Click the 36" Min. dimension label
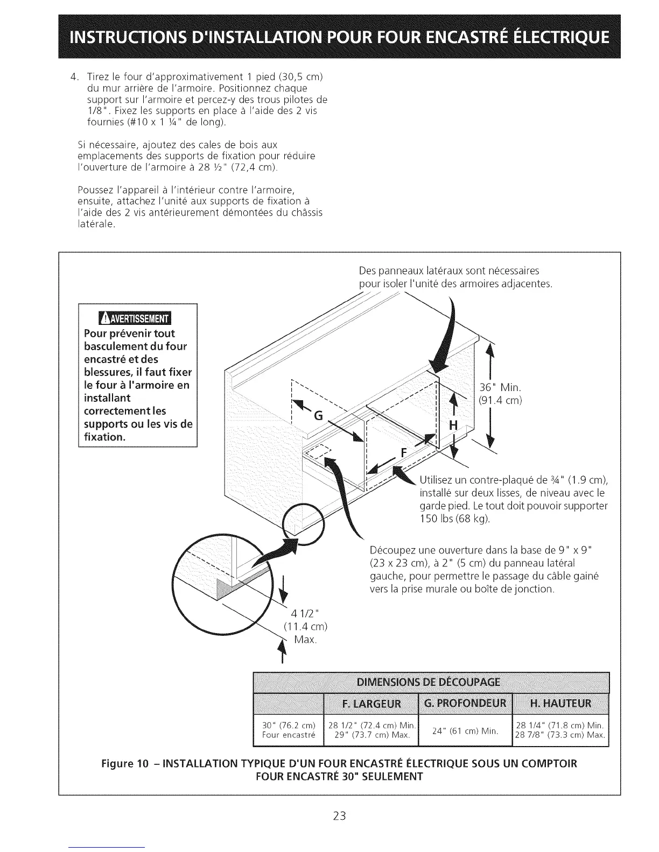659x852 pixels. (x=500, y=387)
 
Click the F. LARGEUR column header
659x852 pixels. (x=371, y=704)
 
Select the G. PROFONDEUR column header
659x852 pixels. (x=465, y=704)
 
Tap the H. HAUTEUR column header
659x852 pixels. (x=560, y=704)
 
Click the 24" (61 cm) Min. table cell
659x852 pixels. (x=465, y=730)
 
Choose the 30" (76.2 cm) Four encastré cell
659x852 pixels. (x=288, y=730)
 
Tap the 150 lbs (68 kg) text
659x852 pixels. (x=454, y=519)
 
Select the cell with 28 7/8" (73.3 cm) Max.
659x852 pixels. (x=560, y=735)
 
